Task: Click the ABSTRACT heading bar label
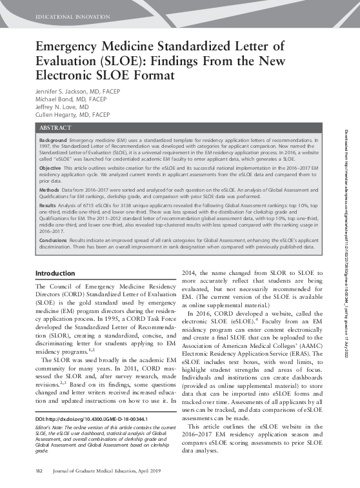[56, 128]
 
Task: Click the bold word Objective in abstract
[50, 167]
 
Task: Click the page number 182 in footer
[39, 473]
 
